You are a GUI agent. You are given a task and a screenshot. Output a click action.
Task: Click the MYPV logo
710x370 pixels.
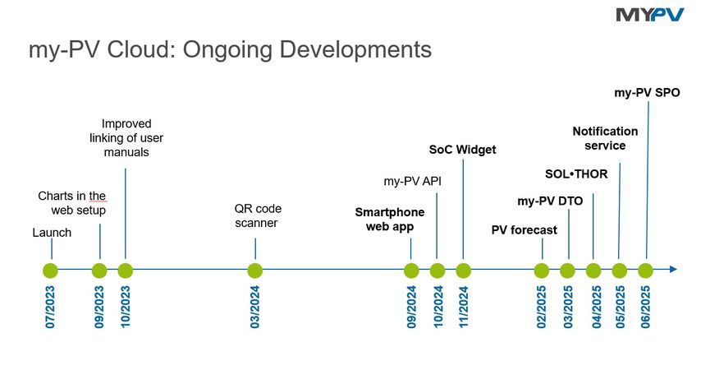[650, 15]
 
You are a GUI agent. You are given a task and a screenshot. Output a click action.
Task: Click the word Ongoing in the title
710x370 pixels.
[227, 50]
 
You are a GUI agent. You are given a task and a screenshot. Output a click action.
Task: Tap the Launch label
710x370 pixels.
[52, 233]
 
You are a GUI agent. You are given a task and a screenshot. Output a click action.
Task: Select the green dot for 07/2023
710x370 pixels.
[50, 271]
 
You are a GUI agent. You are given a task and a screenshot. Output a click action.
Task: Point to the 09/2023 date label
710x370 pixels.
[99, 307]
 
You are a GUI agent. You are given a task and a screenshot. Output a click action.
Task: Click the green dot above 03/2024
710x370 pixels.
[255, 271]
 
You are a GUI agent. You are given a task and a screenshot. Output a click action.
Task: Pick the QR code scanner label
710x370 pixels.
[258, 215]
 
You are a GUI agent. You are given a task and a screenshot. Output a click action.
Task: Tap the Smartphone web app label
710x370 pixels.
[390, 220]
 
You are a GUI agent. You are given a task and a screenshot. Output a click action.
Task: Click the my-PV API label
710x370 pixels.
[413, 182]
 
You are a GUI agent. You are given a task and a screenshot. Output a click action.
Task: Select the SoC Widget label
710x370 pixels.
[462, 150]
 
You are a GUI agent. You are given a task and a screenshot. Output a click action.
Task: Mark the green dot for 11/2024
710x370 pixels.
[463, 271]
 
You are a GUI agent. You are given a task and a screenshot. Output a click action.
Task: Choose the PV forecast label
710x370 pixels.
[524, 230]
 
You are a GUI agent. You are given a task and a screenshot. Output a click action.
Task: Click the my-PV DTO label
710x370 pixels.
[550, 201]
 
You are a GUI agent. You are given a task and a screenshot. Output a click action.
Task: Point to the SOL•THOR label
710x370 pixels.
[576, 174]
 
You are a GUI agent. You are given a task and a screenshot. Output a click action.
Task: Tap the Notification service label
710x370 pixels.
[605, 138]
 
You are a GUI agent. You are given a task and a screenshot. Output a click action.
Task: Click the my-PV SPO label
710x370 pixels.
[647, 92]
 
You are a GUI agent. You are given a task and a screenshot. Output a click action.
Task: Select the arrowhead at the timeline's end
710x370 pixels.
[673, 270]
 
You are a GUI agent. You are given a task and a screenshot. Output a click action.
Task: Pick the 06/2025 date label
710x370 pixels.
[646, 307]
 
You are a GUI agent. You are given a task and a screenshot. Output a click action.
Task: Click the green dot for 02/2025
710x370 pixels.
[542, 271]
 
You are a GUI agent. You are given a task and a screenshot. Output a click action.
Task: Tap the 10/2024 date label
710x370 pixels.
[437, 307]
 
